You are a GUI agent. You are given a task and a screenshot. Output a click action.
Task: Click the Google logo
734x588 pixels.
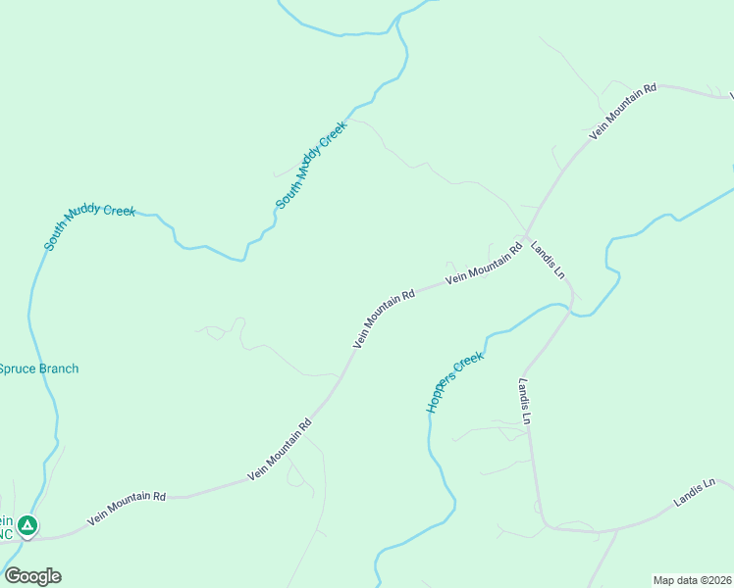pyautogui.click(x=32, y=576)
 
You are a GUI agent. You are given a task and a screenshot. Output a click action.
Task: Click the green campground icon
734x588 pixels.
pyautogui.click(x=28, y=527)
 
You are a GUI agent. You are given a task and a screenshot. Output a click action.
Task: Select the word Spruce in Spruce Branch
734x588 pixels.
pyautogui.click(x=17, y=369)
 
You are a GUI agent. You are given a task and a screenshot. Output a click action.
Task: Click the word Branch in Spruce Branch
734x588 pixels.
pyautogui.click(x=59, y=369)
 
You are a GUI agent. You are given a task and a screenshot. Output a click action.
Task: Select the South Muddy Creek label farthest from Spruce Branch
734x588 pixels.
pyautogui.click(x=311, y=165)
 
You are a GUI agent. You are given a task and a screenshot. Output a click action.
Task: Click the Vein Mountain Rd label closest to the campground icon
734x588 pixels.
pyautogui.click(x=127, y=509)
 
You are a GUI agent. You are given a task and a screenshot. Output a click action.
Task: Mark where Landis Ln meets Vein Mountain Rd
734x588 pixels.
pyautogui.click(x=527, y=237)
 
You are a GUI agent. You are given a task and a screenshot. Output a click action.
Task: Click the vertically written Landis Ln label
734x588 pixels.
pyautogui.click(x=526, y=401)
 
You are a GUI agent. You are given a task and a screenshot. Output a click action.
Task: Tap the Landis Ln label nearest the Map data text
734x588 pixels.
pyautogui.click(x=696, y=493)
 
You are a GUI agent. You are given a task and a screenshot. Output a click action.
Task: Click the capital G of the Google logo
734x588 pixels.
pyautogui.click(x=13, y=576)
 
